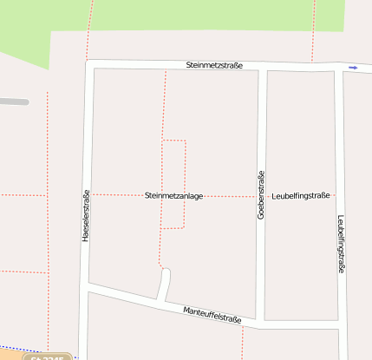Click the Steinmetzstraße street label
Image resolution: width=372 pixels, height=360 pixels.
214,65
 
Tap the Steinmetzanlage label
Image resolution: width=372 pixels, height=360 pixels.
173,196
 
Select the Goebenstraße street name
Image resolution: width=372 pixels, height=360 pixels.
259,196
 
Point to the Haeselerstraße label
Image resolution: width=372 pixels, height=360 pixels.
85,215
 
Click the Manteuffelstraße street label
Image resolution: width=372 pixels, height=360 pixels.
212,314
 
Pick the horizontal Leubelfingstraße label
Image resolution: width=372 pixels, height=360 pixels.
300,196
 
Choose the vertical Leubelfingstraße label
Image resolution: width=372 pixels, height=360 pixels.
341,244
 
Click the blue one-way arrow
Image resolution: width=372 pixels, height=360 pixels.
353,67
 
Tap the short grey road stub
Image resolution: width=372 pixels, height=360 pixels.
14,101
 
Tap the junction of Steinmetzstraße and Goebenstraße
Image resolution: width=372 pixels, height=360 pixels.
262,67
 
